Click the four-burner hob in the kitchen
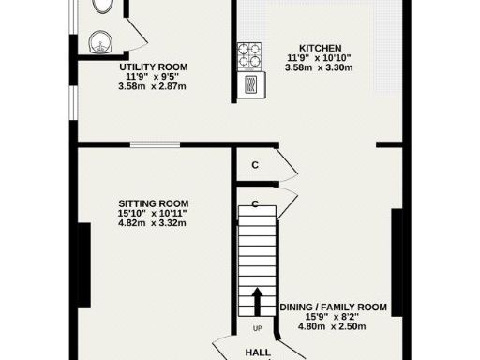[249, 54]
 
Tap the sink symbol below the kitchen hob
[250, 84]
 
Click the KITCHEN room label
[320, 49]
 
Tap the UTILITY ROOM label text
[153, 67]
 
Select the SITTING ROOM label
[153, 203]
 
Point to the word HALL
[258, 352]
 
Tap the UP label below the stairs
[257, 328]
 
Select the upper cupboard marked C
[255, 164]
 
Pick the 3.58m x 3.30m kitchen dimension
[320, 68]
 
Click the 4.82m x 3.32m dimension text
[153, 223]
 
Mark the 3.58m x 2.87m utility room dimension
[153, 87]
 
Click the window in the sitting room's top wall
[156, 144]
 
